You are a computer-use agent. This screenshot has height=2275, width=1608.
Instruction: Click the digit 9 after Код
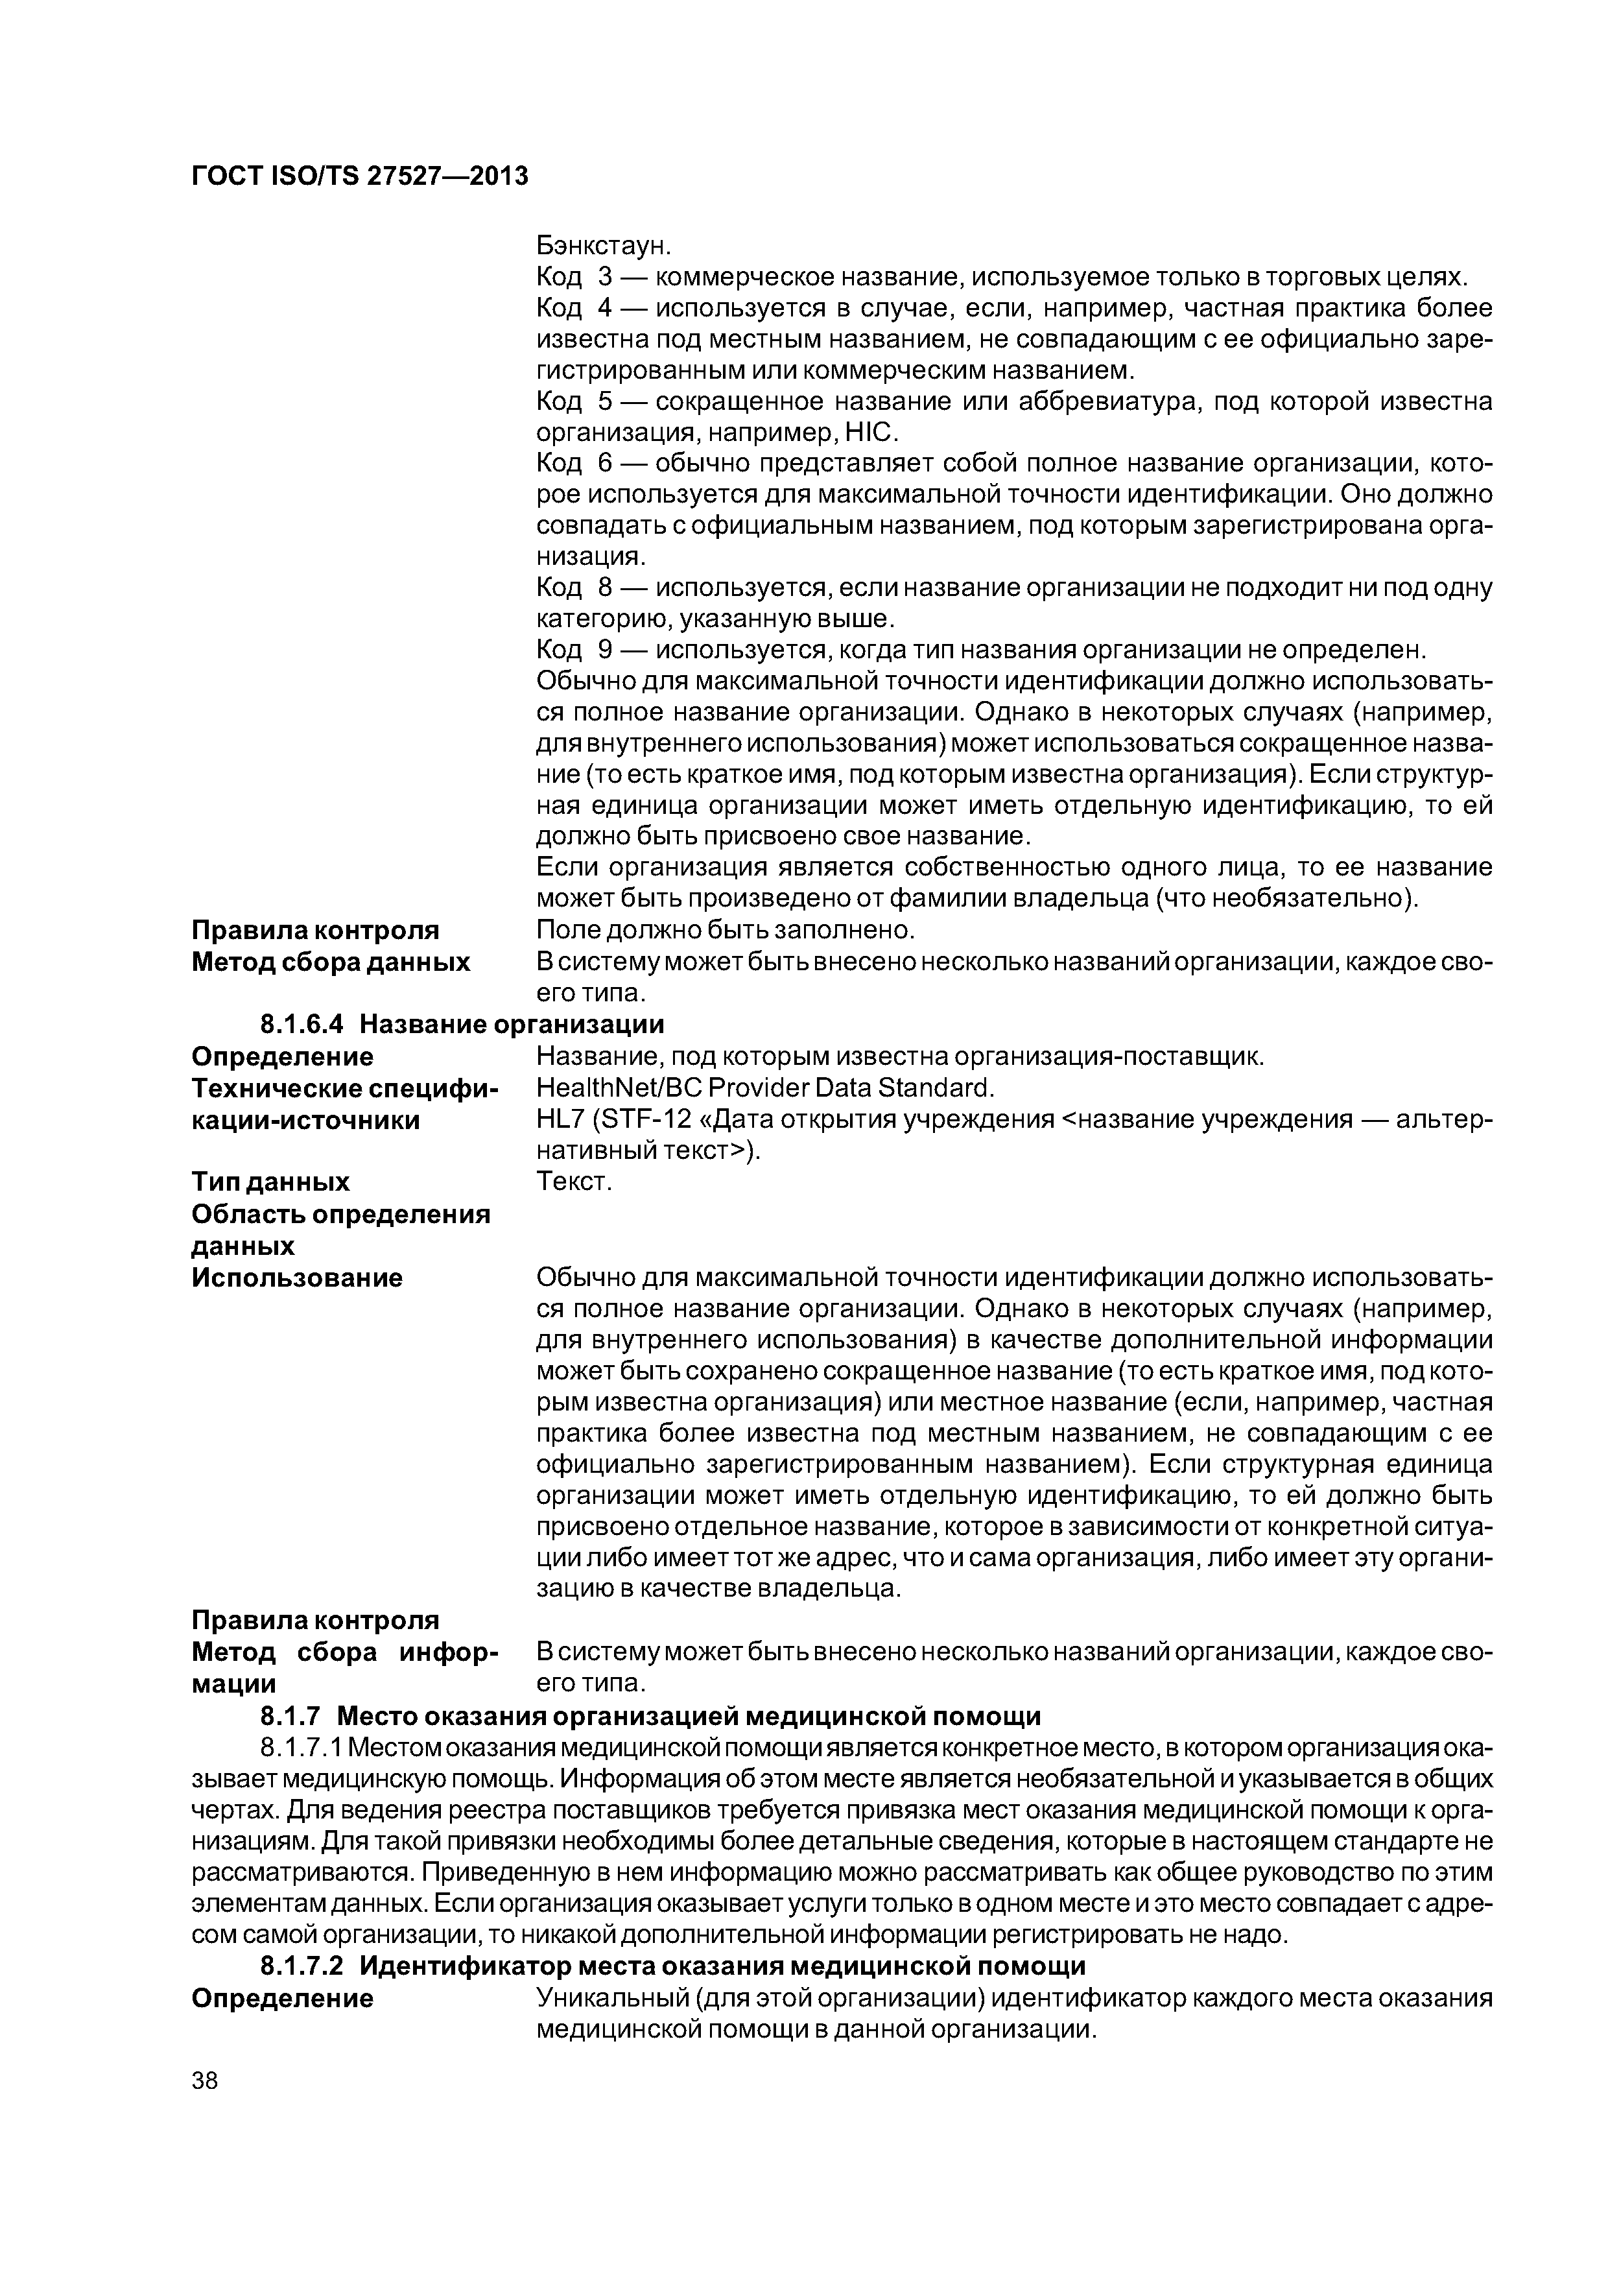pyautogui.click(x=606, y=650)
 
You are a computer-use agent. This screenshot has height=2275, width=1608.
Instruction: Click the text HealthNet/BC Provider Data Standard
pyautogui.click(x=764, y=1088)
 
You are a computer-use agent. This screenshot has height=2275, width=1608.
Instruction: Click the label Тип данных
pyautogui.click(x=270, y=1182)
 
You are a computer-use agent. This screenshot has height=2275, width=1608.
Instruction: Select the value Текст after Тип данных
pyautogui.click(x=574, y=1182)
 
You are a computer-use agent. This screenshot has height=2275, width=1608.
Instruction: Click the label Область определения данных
pyautogui.click(x=340, y=1229)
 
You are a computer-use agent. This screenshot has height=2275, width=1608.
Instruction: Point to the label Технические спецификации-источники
pyautogui.click(x=345, y=1104)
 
